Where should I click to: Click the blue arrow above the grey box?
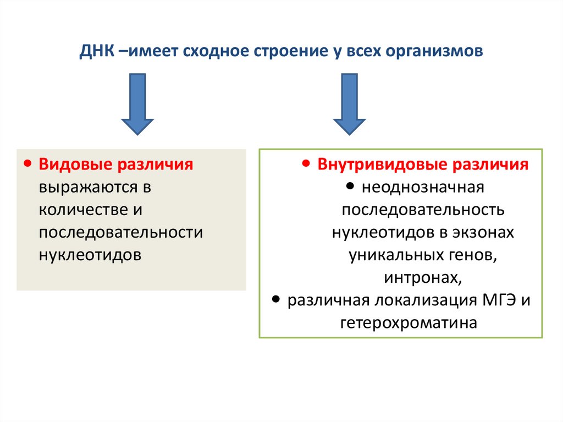[x=137, y=105]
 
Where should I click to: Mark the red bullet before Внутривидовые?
[x=307, y=164]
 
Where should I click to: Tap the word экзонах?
[x=484, y=233]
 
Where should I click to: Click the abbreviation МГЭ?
[x=501, y=300]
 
